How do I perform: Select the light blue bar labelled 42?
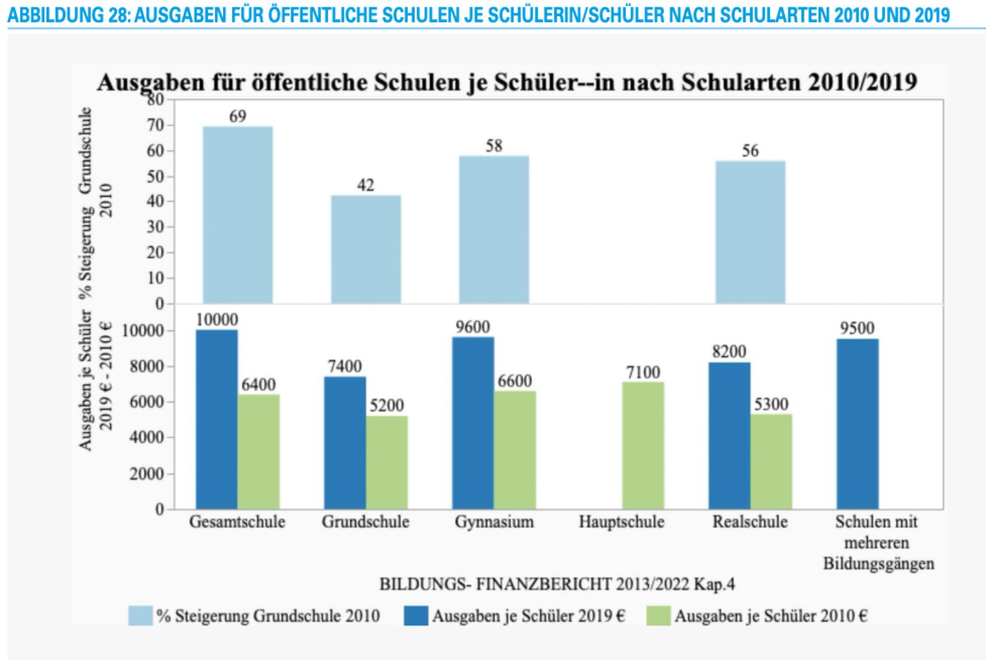pos(366,249)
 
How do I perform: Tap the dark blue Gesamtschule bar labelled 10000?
pos(217,419)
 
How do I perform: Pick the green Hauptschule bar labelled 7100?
pos(643,445)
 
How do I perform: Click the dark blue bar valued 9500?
pos(857,423)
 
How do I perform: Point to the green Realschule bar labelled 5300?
pos(771,461)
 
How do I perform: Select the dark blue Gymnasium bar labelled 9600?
pos(473,423)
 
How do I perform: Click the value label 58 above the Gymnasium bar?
pos(494,146)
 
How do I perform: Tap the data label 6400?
pos(258,385)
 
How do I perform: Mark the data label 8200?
pos(729,352)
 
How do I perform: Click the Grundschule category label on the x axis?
pos(365,522)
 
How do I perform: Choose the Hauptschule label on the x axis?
pos(621,522)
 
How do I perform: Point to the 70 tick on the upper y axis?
pos(156,125)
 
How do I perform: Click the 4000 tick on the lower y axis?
pos(147,438)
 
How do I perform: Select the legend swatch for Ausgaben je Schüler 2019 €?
pos(416,616)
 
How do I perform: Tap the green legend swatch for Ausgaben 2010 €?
pos(658,616)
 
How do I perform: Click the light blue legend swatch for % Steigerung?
pos(141,616)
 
